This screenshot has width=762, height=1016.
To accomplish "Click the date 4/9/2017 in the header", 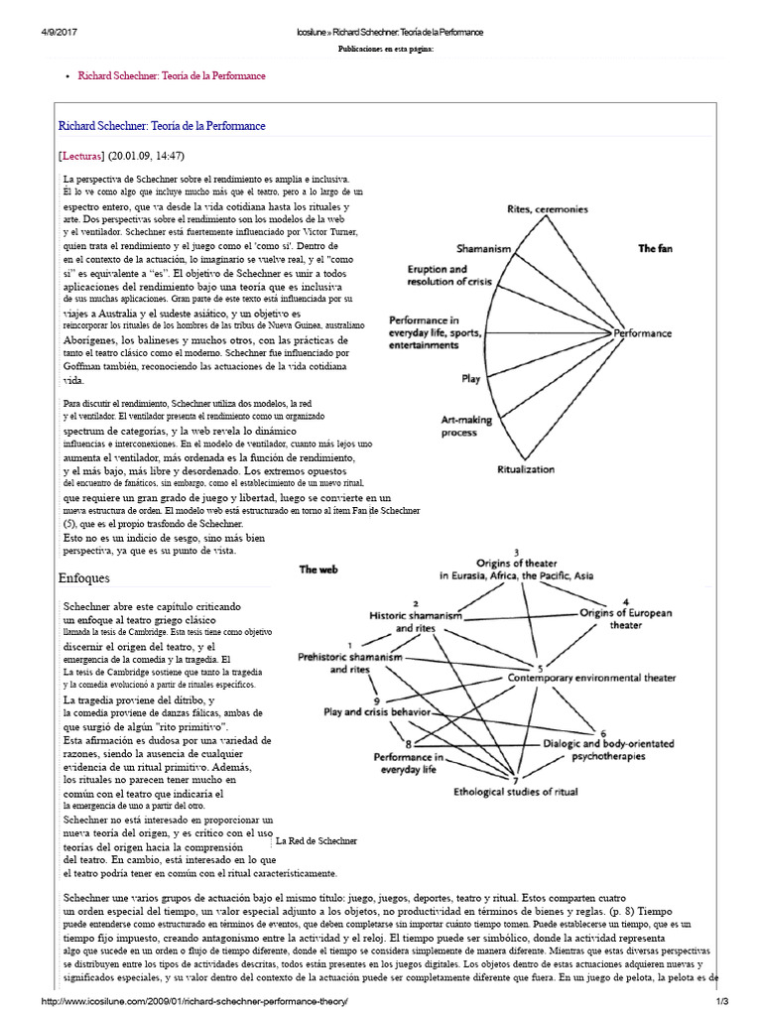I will click(x=32, y=33).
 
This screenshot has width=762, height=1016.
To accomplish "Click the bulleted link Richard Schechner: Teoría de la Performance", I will click(x=172, y=75).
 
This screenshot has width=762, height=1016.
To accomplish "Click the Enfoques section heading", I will click(x=84, y=577).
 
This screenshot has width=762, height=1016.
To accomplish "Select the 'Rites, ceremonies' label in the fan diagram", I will click(x=548, y=209).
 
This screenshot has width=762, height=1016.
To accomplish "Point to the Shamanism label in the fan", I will click(x=483, y=248).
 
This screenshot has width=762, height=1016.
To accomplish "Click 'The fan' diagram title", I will click(x=655, y=248).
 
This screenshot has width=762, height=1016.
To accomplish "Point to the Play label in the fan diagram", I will click(x=471, y=378).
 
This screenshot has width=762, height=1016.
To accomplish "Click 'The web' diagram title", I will click(x=319, y=570).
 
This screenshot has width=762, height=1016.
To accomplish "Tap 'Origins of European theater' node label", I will click(x=625, y=619).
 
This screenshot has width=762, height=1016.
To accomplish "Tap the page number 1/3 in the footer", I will click(x=748, y=1003).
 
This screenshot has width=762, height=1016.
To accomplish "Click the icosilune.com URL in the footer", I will click(x=192, y=1003).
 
